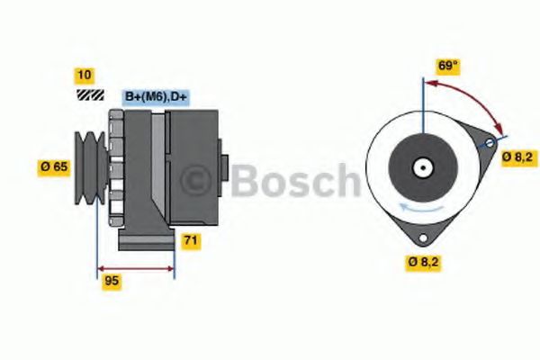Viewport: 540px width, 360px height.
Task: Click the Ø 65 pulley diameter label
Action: [x=55, y=166]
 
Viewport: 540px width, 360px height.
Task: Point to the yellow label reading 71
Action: [x=191, y=240]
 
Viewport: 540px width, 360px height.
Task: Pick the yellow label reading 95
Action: [x=112, y=281]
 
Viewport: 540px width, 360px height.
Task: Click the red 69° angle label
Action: [x=448, y=66]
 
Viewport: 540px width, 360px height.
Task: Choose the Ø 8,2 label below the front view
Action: [x=423, y=262]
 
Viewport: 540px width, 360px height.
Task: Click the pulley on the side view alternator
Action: [x=90, y=166]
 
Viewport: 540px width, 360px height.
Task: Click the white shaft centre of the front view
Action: [x=421, y=166]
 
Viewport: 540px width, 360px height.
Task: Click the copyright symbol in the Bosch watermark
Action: [x=201, y=180]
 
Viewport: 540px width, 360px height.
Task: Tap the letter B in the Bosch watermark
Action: [x=245, y=180]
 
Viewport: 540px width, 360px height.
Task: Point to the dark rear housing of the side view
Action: [x=193, y=162]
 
